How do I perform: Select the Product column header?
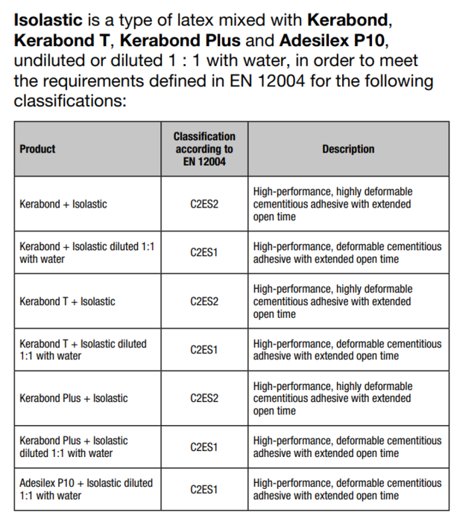[x=37, y=149]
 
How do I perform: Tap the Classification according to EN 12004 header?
[x=204, y=149]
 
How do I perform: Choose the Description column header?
[x=348, y=149]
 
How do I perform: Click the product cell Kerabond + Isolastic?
[x=63, y=204]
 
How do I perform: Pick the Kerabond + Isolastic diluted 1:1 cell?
[x=86, y=253]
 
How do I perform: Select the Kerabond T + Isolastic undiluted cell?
[x=67, y=301]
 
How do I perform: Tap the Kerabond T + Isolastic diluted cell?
[x=83, y=350]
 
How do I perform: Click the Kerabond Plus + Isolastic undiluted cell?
[x=73, y=398]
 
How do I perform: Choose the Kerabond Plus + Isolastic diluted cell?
[x=73, y=447]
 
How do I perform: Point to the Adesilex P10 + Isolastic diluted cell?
[x=86, y=489]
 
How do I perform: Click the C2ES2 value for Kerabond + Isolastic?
[x=204, y=204]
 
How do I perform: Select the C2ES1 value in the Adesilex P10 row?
[x=204, y=489]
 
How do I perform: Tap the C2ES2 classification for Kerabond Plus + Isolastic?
[x=204, y=398]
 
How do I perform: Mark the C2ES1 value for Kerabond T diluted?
[x=204, y=350]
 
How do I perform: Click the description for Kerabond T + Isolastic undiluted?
[x=332, y=301]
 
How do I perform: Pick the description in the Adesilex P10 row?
[x=347, y=489]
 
